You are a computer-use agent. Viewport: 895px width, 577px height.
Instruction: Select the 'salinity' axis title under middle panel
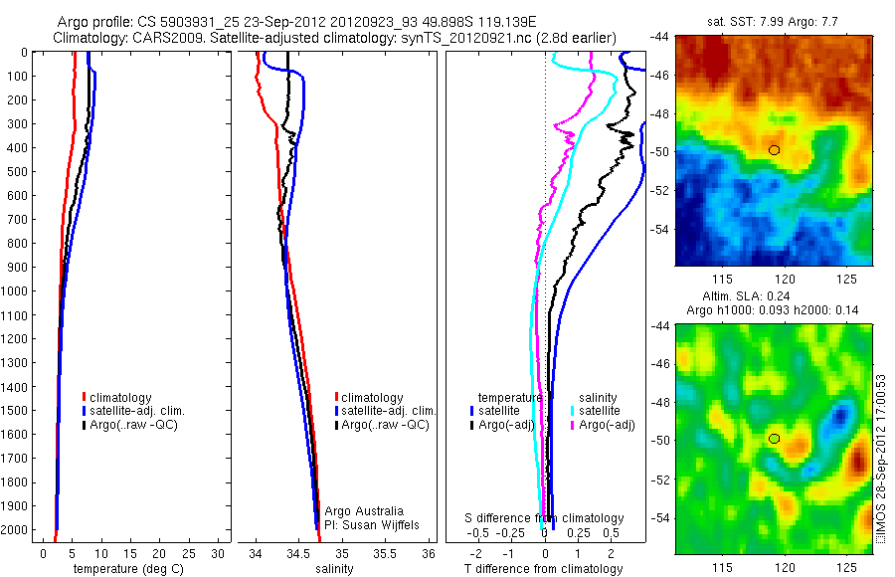[x=332, y=569]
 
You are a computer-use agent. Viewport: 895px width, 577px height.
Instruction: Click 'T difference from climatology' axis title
[x=543, y=569]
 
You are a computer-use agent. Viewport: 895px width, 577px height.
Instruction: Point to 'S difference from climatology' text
[x=545, y=518]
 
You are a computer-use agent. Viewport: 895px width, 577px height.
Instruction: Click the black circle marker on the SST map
[x=775, y=150]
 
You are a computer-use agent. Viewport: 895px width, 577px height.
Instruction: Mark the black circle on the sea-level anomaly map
[x=775, y=439]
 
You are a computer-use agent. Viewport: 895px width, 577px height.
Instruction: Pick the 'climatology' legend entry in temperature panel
[x=121, y=398]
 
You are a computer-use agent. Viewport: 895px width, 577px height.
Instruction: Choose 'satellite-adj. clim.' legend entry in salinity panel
[x=389, y=411]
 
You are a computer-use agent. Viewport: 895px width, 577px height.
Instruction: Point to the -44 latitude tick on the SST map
[x=660, y=36]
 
